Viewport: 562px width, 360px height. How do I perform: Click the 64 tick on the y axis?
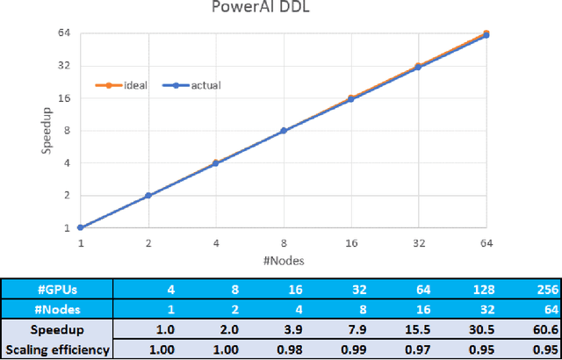click(x=62, y=33)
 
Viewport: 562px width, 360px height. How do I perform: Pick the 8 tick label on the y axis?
click(x=66, y=131)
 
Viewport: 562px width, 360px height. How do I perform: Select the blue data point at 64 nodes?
click(x=486, y=35)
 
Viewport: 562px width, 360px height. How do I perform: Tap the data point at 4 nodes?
click(x=215, y=163)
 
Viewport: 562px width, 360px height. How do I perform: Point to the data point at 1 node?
click(x=80, y=228)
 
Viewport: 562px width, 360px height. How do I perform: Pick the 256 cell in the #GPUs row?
click(x=545, y=289)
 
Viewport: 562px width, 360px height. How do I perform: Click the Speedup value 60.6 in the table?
click(x=544, y=329)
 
